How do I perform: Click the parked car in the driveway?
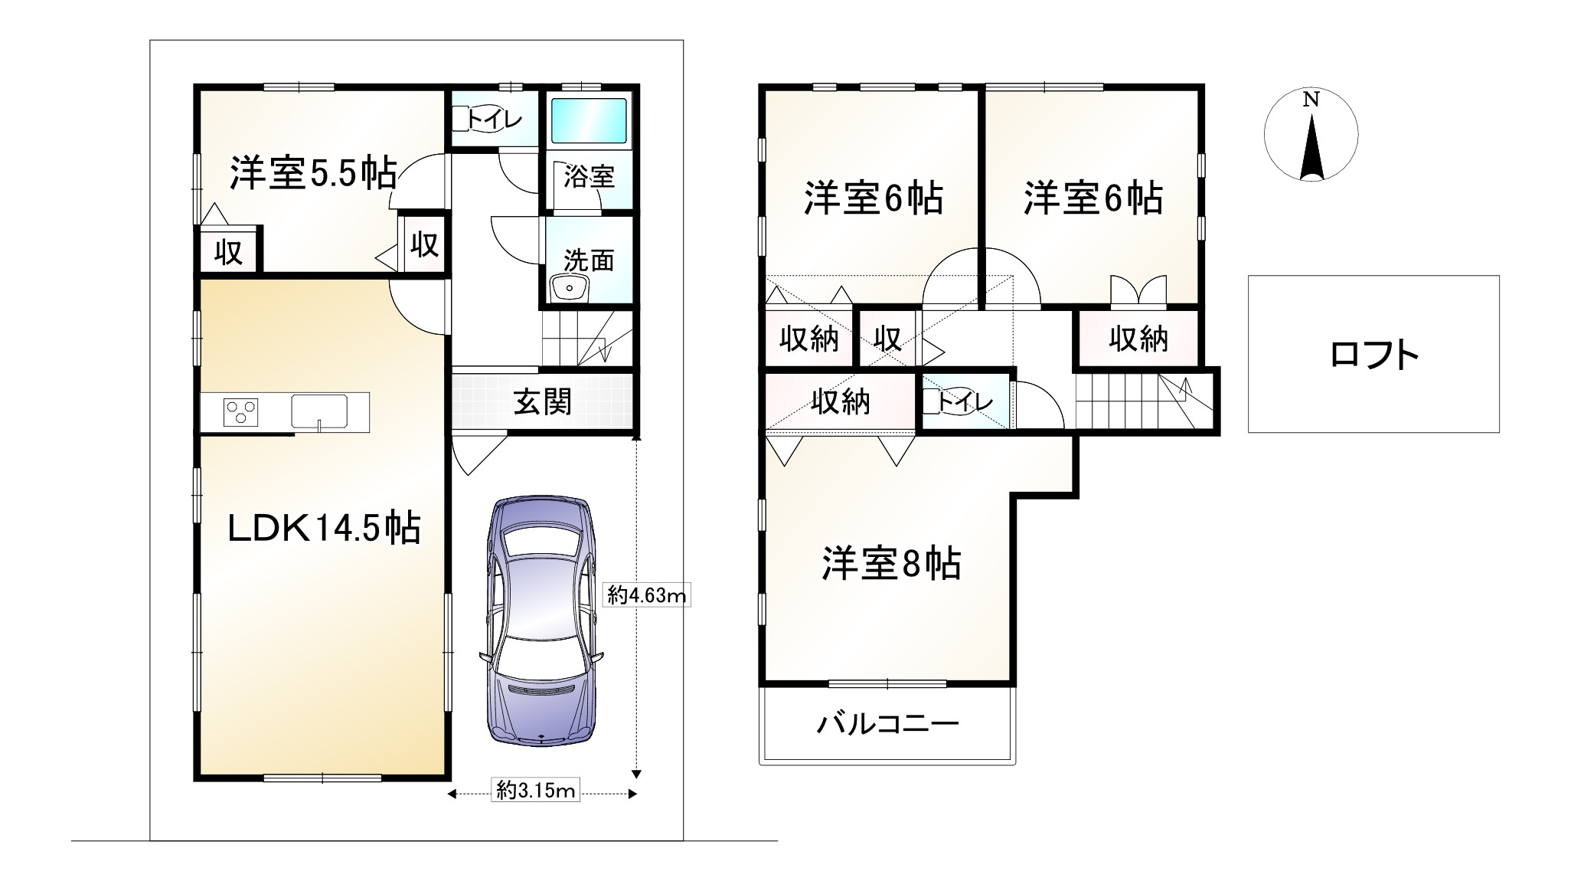coord(542,621)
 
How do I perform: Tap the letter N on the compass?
coord(1311,100)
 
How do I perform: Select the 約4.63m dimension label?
coord(647,595)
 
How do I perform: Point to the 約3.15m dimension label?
coord(535,790)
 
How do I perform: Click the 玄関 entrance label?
coord(542,401)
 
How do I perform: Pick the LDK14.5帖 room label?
coord(324,528)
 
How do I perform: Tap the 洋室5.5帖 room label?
coord(313,173)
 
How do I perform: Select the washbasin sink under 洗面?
coord(568,290)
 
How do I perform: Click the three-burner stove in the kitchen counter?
coord(240,412)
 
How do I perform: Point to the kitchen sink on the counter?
coord(318,411)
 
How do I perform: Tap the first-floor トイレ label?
coord(494,119)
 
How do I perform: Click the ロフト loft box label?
coord(1373,355)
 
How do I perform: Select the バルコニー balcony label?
coord(887,724)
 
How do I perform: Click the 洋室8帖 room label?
coord(891,564)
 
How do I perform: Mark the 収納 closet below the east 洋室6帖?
coord(1138,338)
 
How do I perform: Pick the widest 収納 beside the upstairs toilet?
coord(840,401)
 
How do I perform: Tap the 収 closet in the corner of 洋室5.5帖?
coord(228,251)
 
